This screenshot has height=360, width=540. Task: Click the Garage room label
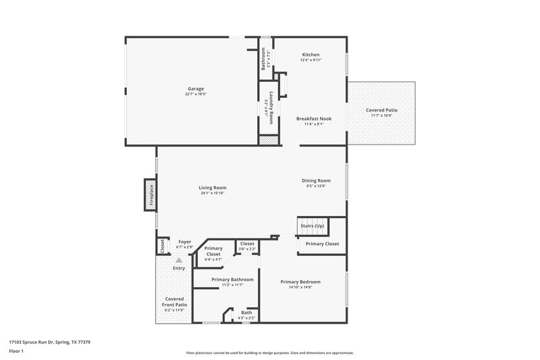(196, 88)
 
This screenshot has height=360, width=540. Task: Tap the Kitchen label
(310, 55)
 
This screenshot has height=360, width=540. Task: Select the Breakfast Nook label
(314, 118)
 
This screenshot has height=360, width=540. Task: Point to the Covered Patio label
(381, 110)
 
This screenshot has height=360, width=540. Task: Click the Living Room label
(212, 188)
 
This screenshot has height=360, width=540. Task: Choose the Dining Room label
(316, 180)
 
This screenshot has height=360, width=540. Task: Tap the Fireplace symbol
(151, 195)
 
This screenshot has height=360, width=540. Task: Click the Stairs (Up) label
(312, 225)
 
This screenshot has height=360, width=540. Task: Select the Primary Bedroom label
(300, 282)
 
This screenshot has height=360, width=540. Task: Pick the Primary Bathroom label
(232, 280)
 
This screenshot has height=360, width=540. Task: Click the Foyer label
(184, 242)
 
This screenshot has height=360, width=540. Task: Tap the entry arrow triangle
(179, 259)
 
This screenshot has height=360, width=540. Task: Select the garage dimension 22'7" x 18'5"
(196, 94)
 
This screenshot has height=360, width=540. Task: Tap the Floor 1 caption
(16, 351)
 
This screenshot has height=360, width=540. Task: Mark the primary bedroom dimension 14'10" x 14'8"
(300, 287)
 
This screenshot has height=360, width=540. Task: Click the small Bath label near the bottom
(246, 312)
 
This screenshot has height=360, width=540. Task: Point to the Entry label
(179, 269)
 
